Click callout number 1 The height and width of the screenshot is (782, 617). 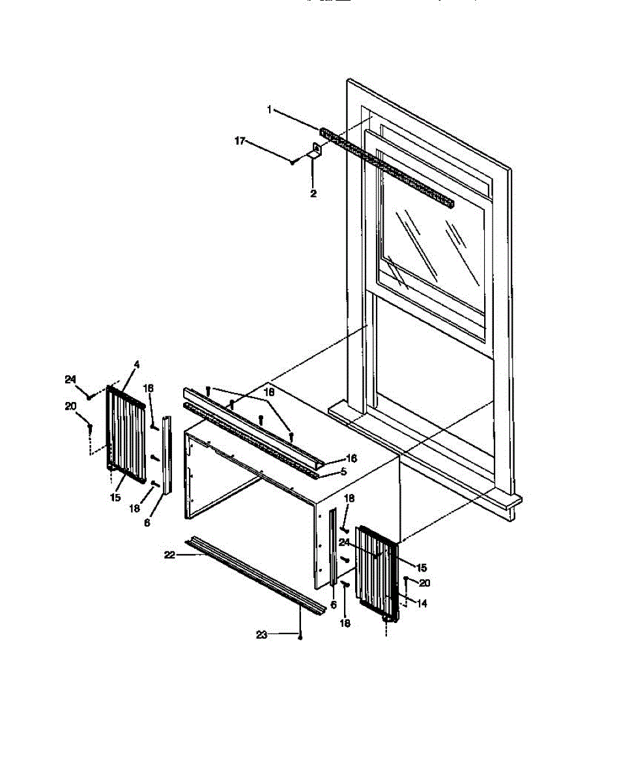(269, 110)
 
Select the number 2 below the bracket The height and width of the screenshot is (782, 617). (313, 194)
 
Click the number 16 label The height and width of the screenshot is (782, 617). (344, 471)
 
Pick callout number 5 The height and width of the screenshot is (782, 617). (344, 471)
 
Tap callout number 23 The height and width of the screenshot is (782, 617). (261, 635)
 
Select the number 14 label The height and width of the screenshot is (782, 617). (422, 604)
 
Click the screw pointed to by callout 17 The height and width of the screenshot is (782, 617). (294, 160)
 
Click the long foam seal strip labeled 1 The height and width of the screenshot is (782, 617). (391, 173)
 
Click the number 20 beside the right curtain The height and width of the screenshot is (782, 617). (424, 583)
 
